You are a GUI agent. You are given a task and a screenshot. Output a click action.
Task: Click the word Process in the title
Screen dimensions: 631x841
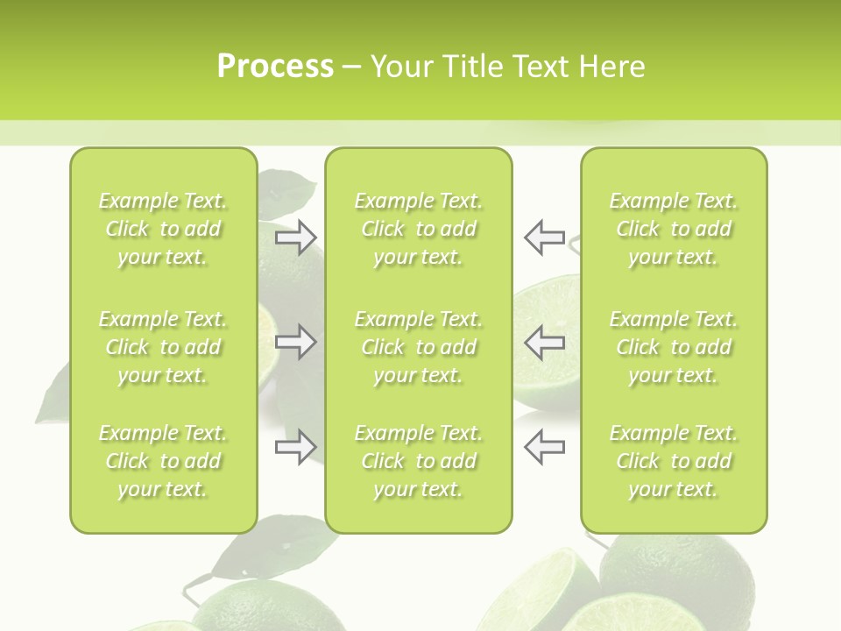275,67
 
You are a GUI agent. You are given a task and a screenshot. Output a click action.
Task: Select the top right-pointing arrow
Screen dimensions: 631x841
295,237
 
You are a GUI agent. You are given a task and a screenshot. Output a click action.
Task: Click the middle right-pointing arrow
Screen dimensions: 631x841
295,342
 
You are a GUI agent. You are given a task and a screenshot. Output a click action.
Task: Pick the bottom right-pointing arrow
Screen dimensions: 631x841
295,447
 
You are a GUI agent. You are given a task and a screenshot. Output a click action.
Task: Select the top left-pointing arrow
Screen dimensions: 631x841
544,237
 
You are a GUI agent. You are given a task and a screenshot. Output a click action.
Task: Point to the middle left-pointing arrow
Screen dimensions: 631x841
544,342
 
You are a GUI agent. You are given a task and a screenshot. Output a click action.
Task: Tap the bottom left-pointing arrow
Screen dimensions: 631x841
544,447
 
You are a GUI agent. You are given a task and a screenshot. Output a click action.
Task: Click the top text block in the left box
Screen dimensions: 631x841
163,229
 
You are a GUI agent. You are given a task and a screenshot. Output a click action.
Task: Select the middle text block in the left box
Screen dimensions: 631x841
163,347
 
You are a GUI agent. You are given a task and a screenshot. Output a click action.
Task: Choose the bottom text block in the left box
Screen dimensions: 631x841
163,461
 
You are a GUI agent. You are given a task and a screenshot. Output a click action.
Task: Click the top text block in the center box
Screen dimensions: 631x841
418,229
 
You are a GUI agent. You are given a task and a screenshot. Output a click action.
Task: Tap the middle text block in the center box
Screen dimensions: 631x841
418,347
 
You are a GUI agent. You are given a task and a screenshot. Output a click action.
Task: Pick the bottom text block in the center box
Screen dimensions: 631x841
418,461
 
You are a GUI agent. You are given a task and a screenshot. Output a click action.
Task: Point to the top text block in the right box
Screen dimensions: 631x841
674,229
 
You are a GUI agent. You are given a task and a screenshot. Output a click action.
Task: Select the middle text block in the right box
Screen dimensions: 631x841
674,347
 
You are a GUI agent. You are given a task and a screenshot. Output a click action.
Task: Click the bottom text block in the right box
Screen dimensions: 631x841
674,461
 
